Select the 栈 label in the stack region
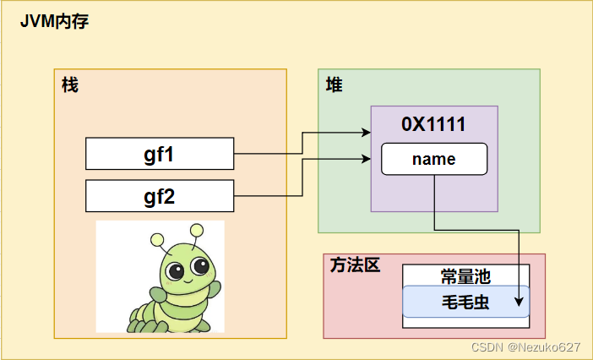tap(70, 85)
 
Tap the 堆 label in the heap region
tap(335, 85)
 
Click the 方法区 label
tap(354, 265)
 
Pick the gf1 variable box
tap(160, 154)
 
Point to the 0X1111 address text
tap(433, 124)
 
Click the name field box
tap(434, 159)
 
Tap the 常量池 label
tap(465, 276)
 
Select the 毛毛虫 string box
tap(465, 302)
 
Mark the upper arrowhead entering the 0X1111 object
tap(366, 133)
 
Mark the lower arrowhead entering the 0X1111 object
tap(366, 158)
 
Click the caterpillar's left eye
tap(175, 271)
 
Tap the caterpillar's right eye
tap(200, 267)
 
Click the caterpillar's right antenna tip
tap(198, 228)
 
